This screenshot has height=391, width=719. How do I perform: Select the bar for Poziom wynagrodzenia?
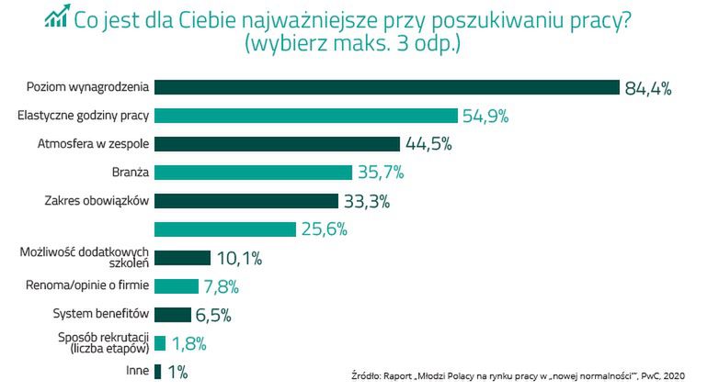click(x=387, y=87)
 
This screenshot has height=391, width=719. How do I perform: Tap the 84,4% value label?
click(x=648, y=88)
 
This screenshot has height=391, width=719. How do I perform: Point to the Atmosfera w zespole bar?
click(x=277, y=144)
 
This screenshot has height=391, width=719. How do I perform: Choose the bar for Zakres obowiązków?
click(x=245, y=201)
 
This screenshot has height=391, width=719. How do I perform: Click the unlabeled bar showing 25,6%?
click(x=225, y=229)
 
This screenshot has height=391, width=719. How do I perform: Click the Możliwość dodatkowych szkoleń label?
click(x=85, y=258)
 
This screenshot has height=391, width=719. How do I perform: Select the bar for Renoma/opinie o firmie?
click(x=177, y=286)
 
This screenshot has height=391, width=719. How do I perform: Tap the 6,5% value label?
click(x=212, y=315)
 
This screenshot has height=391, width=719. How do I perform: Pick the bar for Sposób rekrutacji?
click(x=160, y=343)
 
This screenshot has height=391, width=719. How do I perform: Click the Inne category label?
click(x=138, y=372)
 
